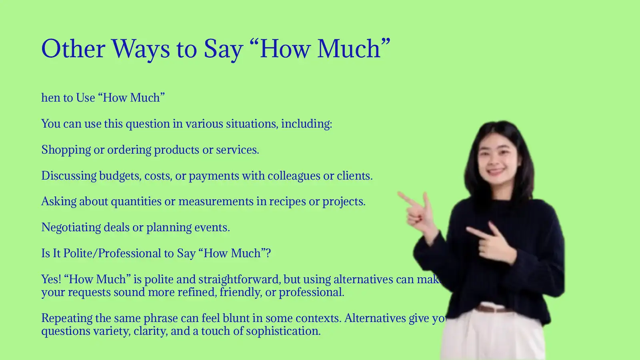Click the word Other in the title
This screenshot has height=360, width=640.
pyautogui.click(x=73, y=49)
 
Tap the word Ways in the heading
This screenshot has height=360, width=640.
pyautogui.click(x=140, y=50)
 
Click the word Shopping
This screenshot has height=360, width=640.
pyautogui.click(x=66, y=150)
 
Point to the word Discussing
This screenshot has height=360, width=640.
pyautogui.click(x=69, y=176)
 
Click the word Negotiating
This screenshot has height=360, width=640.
pyautogui.click(x=71, y=228)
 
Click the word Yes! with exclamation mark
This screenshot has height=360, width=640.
pyautogui.click(x=51, y=279)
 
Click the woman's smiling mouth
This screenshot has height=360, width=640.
pyautogui.click(x=496, y=171)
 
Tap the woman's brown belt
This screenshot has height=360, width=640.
pyautogui.click(x=493, y=308)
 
